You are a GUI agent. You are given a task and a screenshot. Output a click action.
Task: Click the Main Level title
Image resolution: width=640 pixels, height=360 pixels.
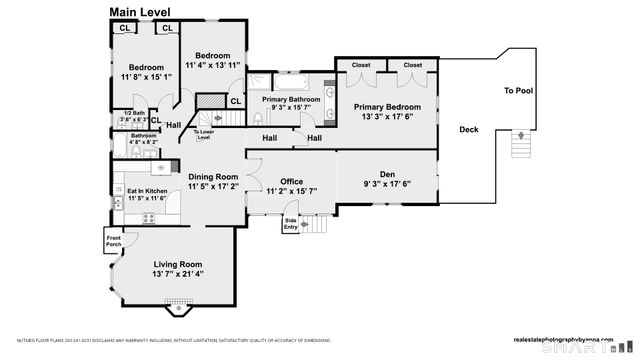(x=139, y=12)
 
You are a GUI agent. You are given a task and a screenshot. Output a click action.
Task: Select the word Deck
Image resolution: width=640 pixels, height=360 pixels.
(x=468, y=129)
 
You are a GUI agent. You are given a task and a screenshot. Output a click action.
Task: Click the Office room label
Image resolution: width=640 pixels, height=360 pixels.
(x=291, y=181)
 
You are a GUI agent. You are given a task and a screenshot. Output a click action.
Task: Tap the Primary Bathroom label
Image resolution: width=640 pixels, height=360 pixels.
(x=291, y=100)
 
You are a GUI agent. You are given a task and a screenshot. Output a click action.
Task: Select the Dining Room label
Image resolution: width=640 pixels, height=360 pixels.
(x=213, y=176)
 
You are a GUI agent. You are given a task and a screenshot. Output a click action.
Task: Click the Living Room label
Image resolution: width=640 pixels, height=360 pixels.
(x=177, y=264)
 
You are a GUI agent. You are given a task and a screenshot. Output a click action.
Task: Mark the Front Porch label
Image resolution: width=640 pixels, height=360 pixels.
(x=114, y=239)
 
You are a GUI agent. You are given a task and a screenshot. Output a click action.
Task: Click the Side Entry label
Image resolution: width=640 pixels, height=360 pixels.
(x=291, y=223)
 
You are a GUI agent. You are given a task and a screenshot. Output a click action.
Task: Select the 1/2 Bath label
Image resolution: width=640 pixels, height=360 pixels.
(x=133, y=113)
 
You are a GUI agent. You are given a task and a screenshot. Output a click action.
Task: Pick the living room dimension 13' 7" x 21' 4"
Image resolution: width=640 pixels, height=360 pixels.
(x=177, y=274)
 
